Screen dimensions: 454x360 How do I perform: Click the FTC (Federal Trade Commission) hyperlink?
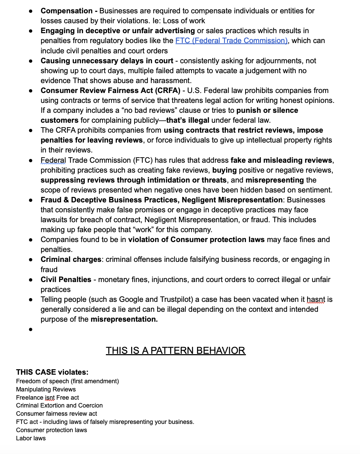[x=231, y=41]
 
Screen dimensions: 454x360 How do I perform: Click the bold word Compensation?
[x=67, y=11]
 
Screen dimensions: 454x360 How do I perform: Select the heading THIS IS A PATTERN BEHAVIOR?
[x=176, y=351]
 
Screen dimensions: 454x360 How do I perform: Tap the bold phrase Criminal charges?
[x=71, y=259]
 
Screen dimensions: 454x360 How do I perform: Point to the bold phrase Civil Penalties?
[x=66, y=280]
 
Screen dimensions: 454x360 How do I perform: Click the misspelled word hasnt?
[x=316, y=299]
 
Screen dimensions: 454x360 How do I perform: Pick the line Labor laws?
[x=31, y=438]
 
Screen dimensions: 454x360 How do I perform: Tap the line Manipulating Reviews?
[x=46, y=389]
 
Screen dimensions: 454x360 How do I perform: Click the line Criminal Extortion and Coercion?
[x=59, y=405]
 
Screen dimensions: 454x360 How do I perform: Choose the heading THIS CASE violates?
[x=52, y=372]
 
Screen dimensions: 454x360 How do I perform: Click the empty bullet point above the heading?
[x=31, y=330]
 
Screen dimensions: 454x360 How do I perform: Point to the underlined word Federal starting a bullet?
[x=53, y=160]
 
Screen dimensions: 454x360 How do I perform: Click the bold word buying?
[x=224, y=170]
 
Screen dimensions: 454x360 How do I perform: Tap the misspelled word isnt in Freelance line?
[x=50, y=398]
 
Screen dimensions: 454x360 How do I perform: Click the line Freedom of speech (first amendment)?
[x=67, y=381]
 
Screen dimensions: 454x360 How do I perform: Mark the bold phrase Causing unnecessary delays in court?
[x=107, y=61]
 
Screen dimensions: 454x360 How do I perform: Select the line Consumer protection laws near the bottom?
[x=51, y=430]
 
